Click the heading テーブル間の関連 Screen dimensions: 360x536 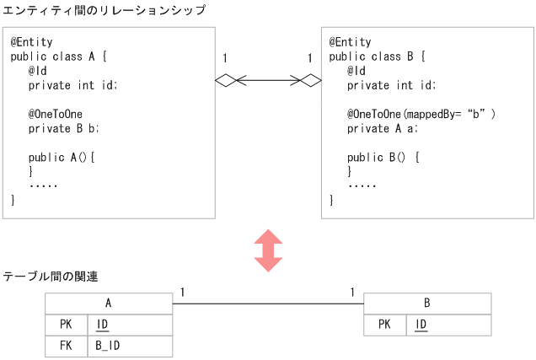pos(50,276)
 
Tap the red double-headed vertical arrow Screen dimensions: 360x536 pos(268,250)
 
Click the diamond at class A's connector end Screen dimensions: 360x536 pos(225,81)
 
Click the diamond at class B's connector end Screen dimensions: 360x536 pos(311,81)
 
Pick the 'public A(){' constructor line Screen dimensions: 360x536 pos(62,157)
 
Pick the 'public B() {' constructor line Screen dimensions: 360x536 pos(383,157)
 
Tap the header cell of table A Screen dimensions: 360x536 pos(108,304)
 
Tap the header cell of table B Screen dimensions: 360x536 pos(426,304)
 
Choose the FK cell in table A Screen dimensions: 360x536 pos(66,346)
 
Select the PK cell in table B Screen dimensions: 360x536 pos(384,325)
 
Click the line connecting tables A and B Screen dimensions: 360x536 pos(268,304)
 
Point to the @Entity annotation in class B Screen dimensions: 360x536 pos(349,42)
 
